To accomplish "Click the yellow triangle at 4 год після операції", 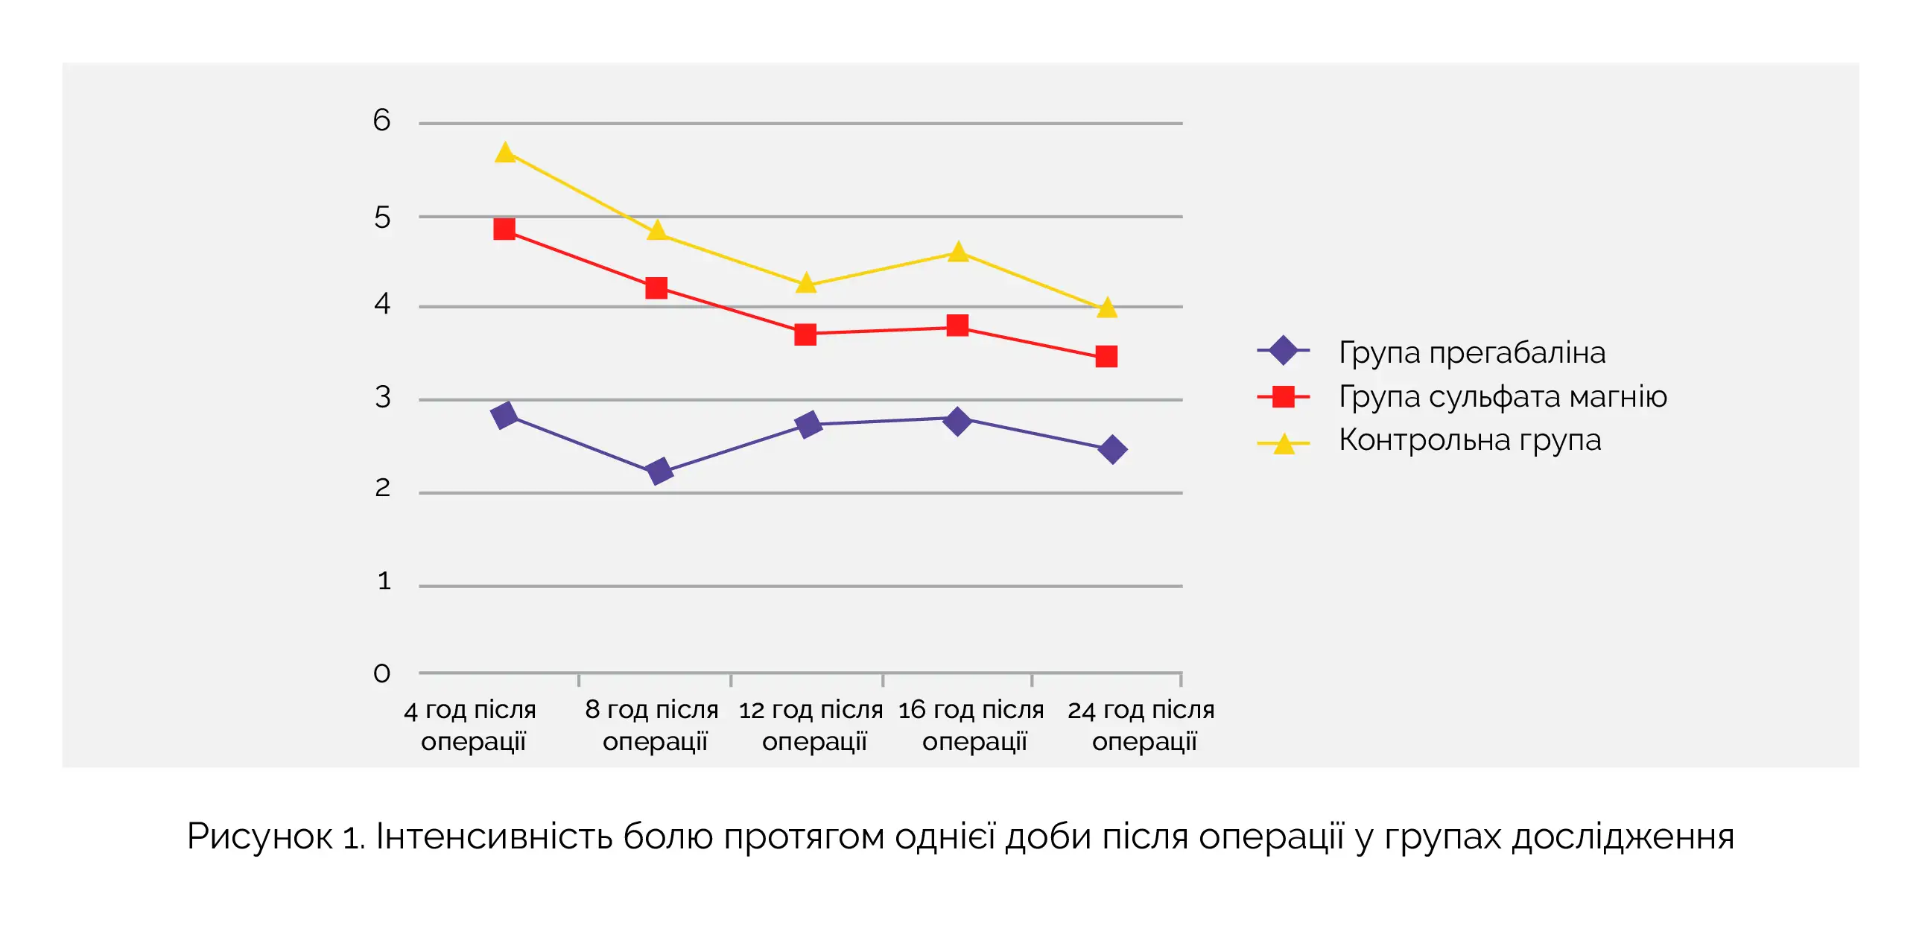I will coord(505,153).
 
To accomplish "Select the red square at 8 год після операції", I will coord(656,288).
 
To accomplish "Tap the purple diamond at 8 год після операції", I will coord(659,471).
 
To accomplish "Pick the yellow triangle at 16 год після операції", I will coord(958,253).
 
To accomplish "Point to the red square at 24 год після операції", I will coord(1106,356).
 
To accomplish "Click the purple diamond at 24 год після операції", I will coord(1112,449).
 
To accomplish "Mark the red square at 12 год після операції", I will coord(805,334).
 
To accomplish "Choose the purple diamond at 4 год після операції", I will coord(505,415).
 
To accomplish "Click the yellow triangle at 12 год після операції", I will coord(806,284).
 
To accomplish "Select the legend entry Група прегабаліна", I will coord(1471,352).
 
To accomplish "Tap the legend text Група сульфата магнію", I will coord(1502,396).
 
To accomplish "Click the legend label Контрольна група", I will coord(1469,440).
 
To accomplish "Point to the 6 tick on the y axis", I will coord(381,120).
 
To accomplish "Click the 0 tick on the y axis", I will coord(381,673).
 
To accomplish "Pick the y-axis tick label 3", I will coord(382,397).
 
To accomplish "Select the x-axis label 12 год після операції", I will coord(811,725).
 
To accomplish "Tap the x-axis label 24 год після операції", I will coord(1141,725).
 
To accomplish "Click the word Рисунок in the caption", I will coord(259,836).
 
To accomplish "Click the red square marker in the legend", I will coord(1283,396).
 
